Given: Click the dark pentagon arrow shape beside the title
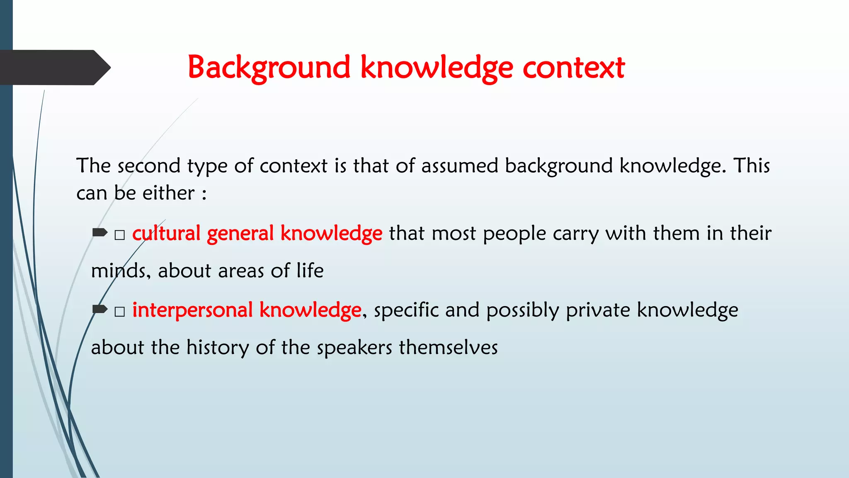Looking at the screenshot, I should (54, 68).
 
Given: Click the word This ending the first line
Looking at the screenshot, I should (752, 166).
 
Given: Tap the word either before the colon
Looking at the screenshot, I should (168, 193).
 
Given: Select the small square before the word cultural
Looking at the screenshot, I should (120, 235).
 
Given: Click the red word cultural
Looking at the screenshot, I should (166, 233).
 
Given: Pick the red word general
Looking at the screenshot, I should (240, 233).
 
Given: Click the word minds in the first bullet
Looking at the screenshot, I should (118, 271).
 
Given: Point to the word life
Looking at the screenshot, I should (310, 271).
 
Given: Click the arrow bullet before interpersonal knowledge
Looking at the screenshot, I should (100, 309).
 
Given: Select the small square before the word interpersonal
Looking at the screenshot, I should (120, 312).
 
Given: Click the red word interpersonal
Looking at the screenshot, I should (192, 310).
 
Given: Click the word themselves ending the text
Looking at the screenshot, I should (448, 348).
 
